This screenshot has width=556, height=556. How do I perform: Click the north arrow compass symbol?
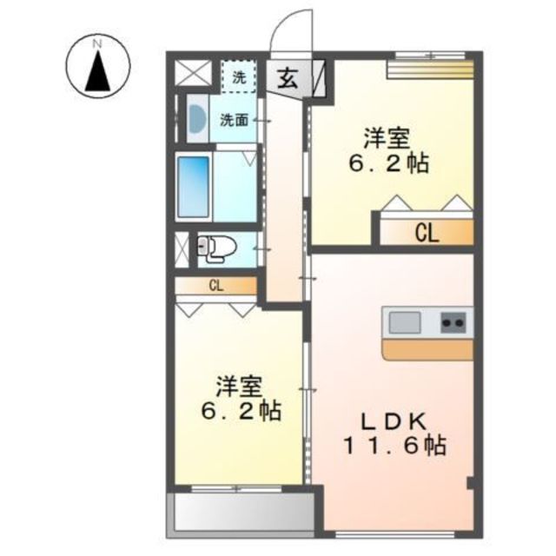[98, 66]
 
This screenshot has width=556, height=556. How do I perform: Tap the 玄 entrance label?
[287, 78]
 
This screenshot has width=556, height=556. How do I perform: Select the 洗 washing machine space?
[239, 76]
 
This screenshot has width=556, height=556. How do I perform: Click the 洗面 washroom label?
[234, 121]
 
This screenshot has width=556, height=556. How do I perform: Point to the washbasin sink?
[197, 118]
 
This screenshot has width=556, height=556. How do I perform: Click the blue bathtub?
[193, 187]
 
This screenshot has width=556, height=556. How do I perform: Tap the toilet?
[217, 249]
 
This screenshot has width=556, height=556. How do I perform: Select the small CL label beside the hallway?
[216, 286]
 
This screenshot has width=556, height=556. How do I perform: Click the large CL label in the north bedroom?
[427, 233]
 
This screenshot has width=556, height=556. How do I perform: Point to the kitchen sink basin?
[405, 322]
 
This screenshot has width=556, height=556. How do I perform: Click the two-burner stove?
[453, 322]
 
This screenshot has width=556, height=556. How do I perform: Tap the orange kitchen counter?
[427, 349]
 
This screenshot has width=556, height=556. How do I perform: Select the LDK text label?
[393, 421]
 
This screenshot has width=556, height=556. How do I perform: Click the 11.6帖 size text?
[394, 445]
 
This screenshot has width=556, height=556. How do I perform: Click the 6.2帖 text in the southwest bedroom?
[241, 411]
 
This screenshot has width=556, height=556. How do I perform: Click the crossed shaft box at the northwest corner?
[193, 73]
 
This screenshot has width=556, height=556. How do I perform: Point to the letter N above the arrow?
[97, 44]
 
